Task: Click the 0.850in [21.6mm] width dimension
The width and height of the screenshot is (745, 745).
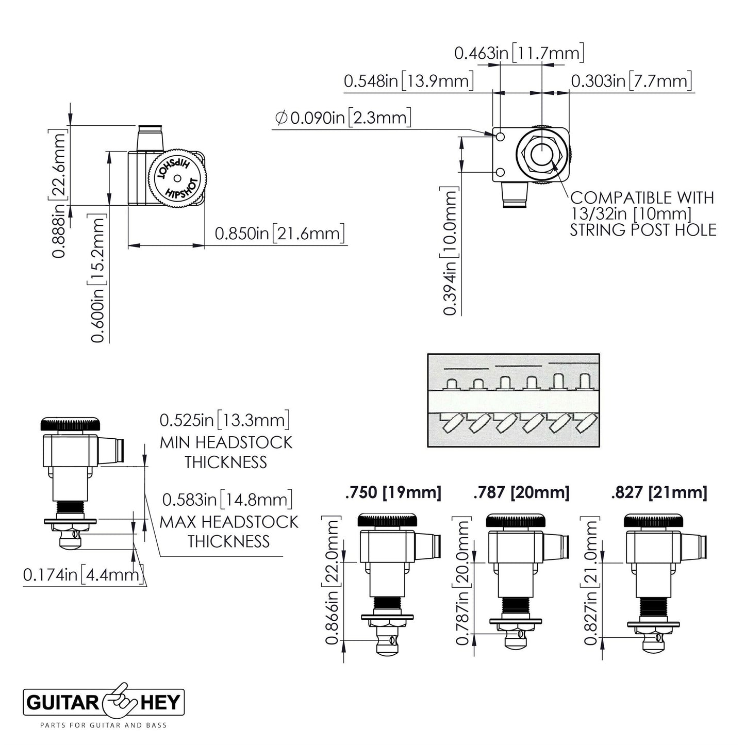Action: pyautogui.click(x=279, y=234)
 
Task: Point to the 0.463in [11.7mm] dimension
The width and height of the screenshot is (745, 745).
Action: pyautogui.click(x=519, y=53)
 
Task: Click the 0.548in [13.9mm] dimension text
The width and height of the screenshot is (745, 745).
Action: pyautogui.click(x=408, y=81)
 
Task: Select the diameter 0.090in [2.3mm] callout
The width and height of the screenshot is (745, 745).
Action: pyautogui.click(x=343, y=118)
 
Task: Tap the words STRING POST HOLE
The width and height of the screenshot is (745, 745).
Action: pyautogui.click(x=643, y=229)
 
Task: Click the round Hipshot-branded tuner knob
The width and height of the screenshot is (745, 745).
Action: pyautogui.click(x=177, y=178)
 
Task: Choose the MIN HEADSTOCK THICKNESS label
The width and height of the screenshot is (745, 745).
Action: pyautogui.click(x=225, y=452)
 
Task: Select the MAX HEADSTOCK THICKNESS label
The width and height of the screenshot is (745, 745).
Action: pyautogui.click(x=228, y=531)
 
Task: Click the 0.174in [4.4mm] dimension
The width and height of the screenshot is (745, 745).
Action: pyautogui.click(x=82, y=574)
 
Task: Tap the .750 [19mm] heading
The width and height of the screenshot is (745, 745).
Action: pyautogui.click(x=393, y=492)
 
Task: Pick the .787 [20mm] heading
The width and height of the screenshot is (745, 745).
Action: pyautogui.click(x=521, y=492)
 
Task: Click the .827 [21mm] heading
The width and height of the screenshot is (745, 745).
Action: pyautogui.click(x=658, y=492)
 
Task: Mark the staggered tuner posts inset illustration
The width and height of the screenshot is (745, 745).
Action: pyautogui.click(x=513, y=400)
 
